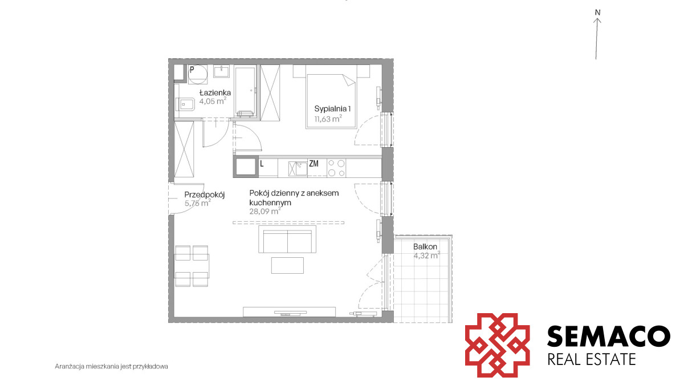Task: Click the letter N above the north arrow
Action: tap(597, 13)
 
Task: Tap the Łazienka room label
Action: tap(215, 92)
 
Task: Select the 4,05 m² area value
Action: tap(213, 101)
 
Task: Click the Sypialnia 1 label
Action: tap(332, 109)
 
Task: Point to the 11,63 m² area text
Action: tap(328, 119)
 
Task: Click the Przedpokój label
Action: tap(205, 194)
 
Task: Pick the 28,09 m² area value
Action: tap(265, 211)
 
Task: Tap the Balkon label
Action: tap(425, 246)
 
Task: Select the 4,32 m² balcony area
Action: tap(426, 256)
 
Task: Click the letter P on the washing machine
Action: tap(192, 70)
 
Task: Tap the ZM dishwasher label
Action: tap(313, 164)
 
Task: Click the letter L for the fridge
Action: tap(262, 164)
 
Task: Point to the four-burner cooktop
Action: tap(336, 168)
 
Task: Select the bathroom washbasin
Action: tap(221, 71)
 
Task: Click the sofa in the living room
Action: tap(287, 239)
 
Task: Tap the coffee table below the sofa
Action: tap(287, 266)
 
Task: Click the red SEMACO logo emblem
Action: tap(497, 345)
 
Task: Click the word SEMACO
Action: tap(609, 336)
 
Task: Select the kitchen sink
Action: tap(298, 169)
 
